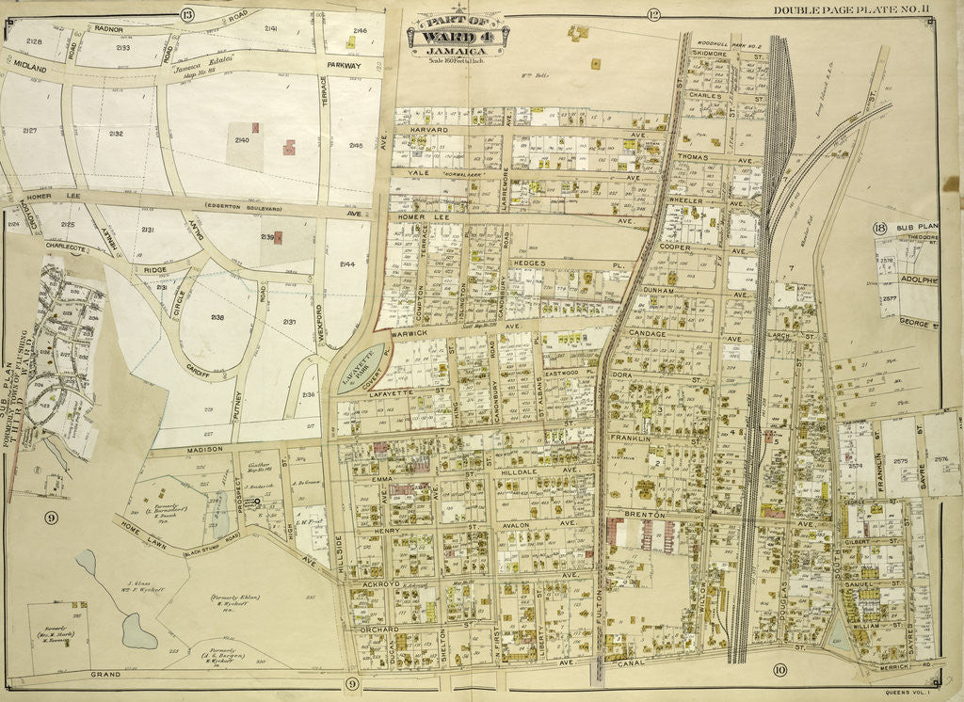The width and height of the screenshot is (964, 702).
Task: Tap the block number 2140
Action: click(242, 140)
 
